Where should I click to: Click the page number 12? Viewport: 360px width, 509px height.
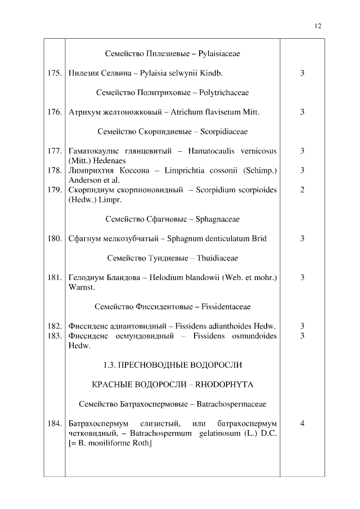pos(318,26)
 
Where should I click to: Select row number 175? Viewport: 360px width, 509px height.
pos(54,73)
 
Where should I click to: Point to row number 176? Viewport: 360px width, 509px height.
pos(54,112)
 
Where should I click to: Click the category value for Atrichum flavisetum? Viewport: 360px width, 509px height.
pos(302,112)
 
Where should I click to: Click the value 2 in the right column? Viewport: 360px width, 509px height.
pos(302,190)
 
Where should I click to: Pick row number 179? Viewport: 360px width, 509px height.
pos(54,190)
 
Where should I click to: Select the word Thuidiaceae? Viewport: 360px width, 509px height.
pos(218,258)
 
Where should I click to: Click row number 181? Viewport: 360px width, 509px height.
pos(54,277)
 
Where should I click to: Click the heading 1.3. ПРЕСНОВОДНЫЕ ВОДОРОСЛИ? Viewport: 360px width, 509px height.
pos(173,365)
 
